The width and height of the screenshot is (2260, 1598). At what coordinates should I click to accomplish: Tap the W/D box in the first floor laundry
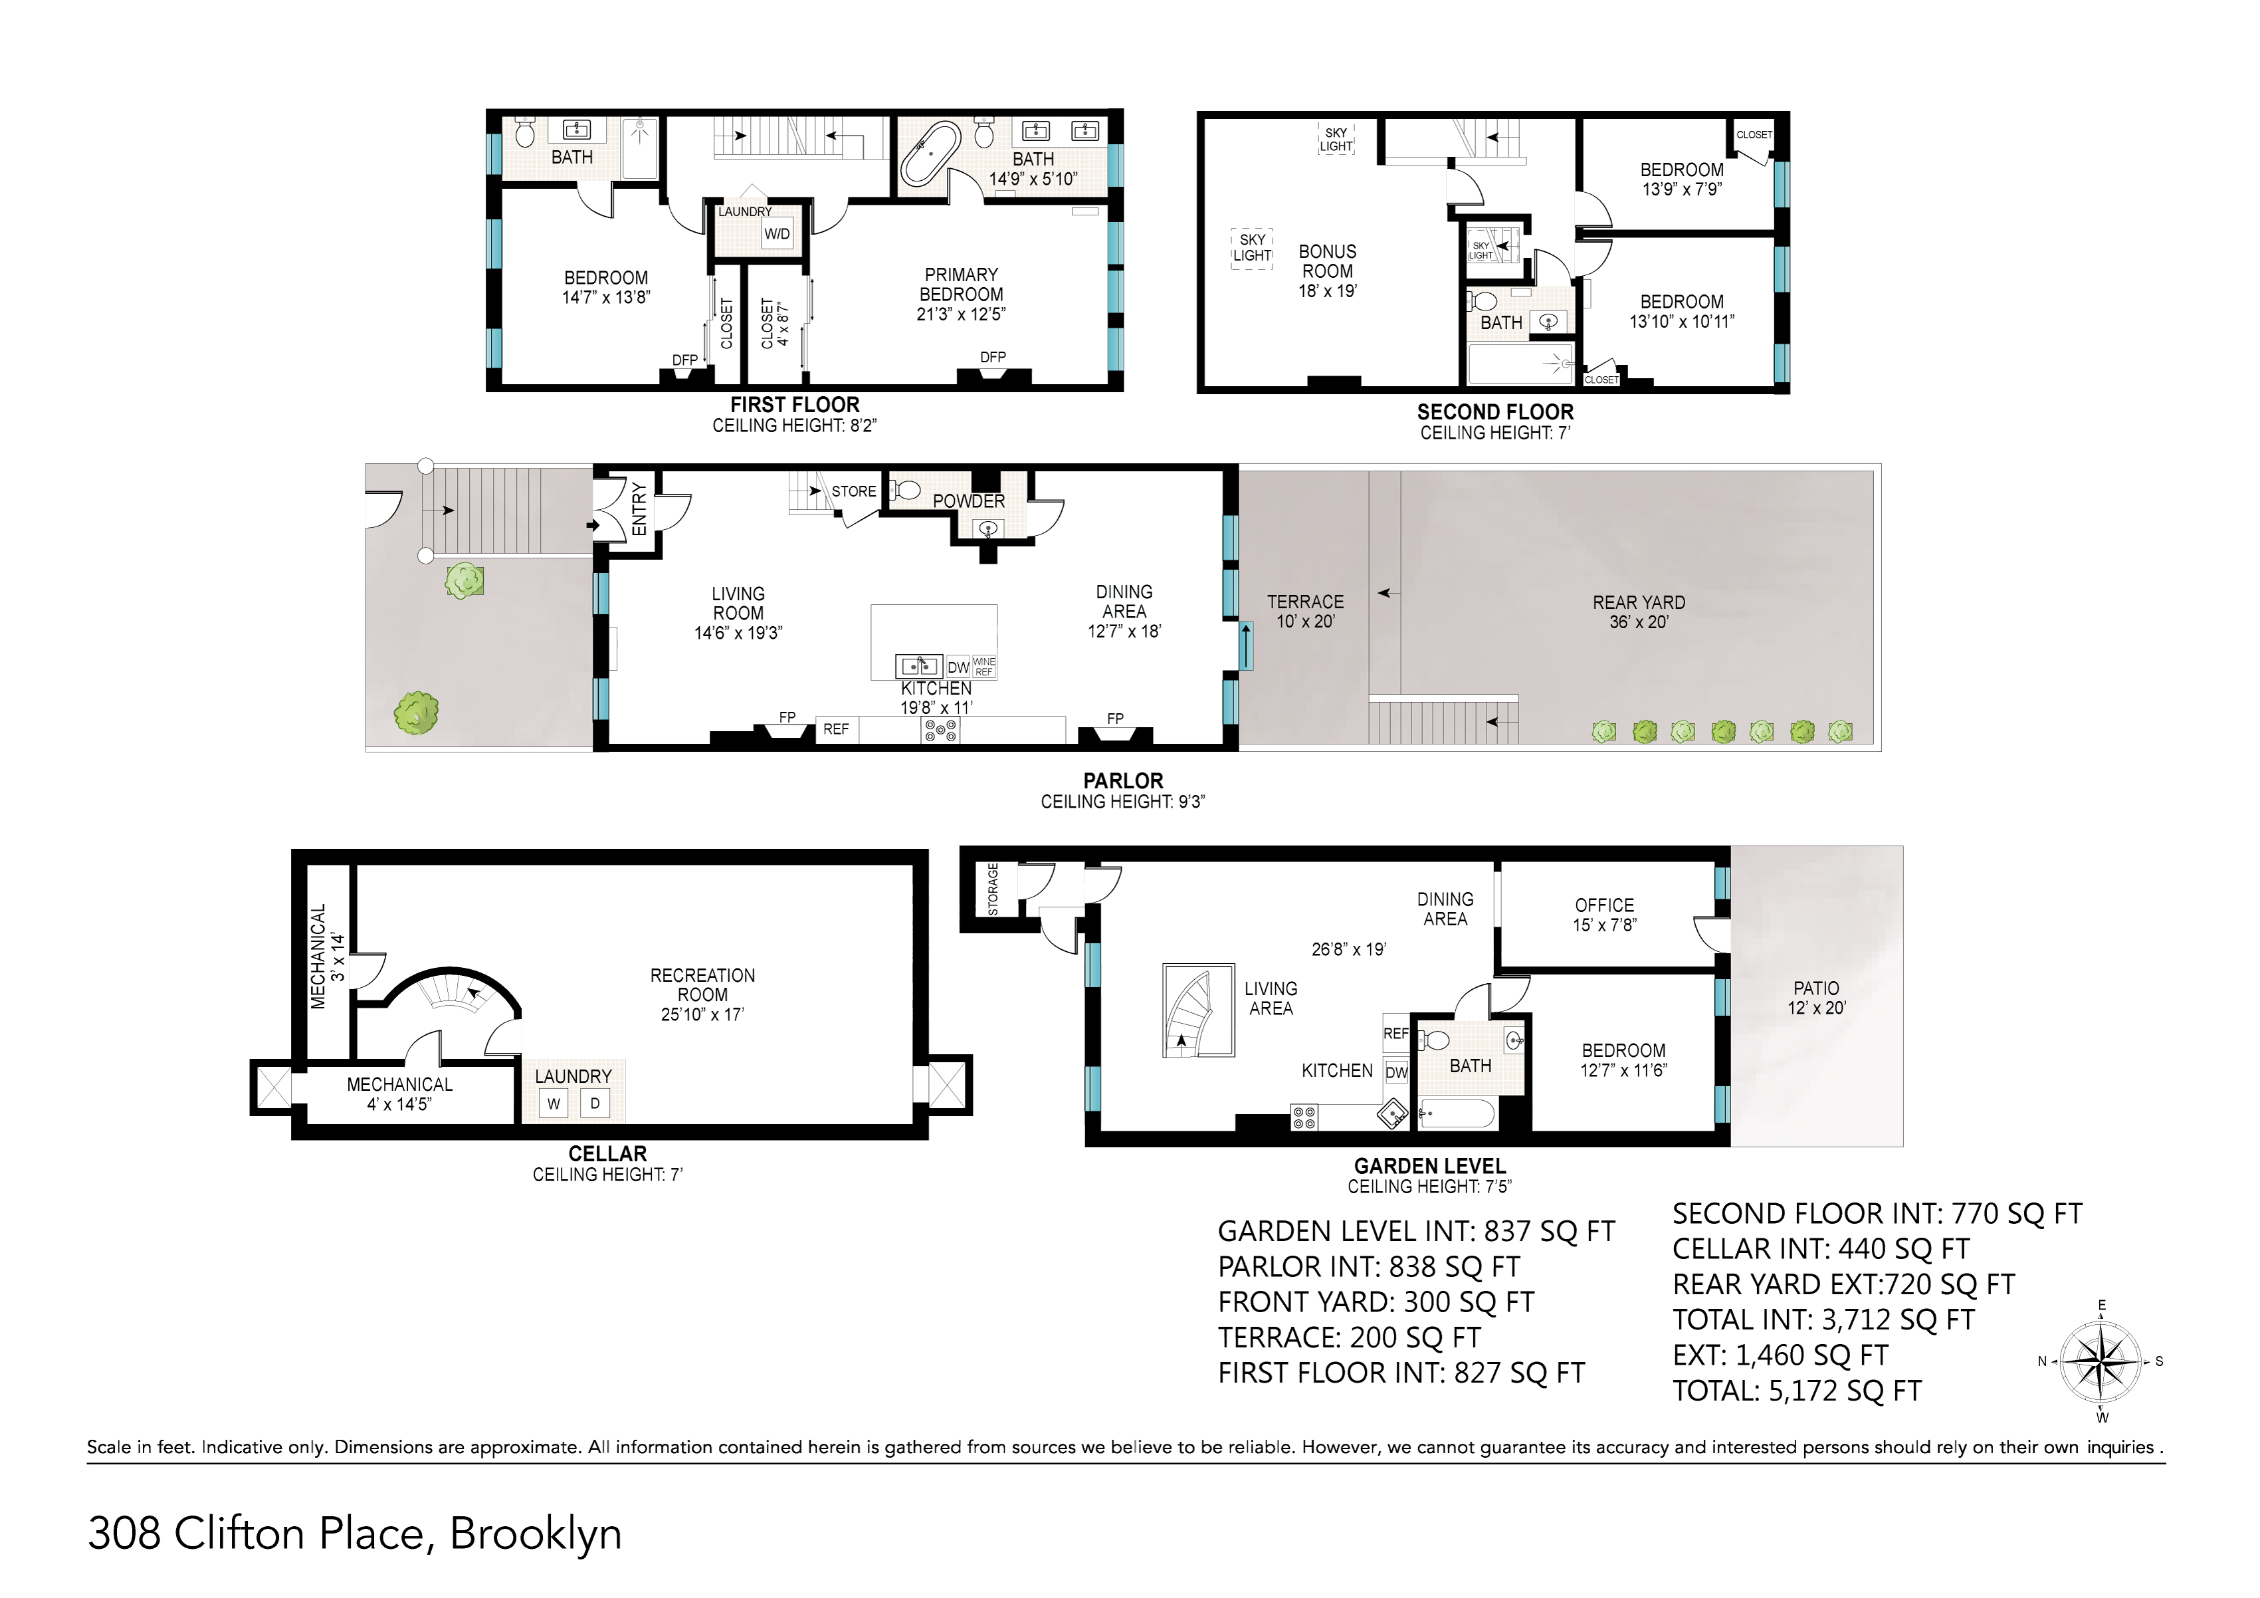[x=777, y=235]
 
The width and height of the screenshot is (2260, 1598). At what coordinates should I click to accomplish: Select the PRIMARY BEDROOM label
[x=961, y=285]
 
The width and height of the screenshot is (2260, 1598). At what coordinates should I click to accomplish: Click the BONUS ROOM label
[x=1327, y=261]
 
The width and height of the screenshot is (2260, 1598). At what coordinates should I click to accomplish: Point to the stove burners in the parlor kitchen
[x=940, y=730]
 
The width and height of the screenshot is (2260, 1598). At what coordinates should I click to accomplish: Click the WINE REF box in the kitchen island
[x=983, y=667]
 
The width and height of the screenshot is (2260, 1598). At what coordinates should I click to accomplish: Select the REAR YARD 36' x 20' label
[x=1639, y=612]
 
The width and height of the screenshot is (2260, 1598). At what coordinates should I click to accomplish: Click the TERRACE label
[x=1305, y=602]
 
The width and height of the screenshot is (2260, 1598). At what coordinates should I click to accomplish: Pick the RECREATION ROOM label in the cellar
[x=703, y=984]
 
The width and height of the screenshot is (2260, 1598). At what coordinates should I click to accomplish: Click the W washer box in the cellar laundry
[x=554, y=1103]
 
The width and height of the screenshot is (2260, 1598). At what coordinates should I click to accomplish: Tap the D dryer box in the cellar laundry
[x=595, y=1103]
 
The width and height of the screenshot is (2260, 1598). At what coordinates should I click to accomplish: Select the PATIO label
[x=1816, y=988]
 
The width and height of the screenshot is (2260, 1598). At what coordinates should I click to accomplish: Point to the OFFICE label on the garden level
[x=1604, y=905]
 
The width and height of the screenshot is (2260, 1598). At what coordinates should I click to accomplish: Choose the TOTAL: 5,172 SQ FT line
[x=1796, y=1390]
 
